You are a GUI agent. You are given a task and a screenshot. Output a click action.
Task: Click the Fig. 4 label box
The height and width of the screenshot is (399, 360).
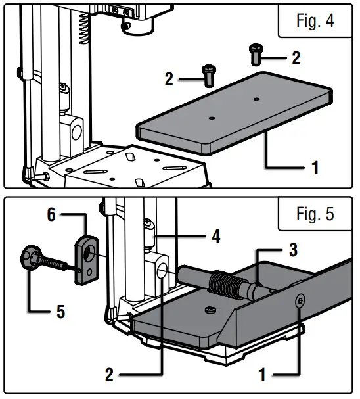click(315, 21)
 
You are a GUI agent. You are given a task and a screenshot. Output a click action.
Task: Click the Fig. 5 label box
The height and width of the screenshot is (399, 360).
click(315, 214)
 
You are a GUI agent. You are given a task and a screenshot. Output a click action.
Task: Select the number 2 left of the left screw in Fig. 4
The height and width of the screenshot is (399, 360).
click(169, 80)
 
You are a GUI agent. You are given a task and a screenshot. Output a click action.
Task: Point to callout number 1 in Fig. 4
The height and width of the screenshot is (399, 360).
click(315, 168)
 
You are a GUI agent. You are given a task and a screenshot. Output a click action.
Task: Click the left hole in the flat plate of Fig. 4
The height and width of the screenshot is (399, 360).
click(212, 118)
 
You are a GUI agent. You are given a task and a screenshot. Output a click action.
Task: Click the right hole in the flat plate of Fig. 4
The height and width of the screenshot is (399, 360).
click(256, 99)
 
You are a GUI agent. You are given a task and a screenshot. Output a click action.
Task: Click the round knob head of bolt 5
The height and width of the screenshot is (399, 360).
click(32, 256)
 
